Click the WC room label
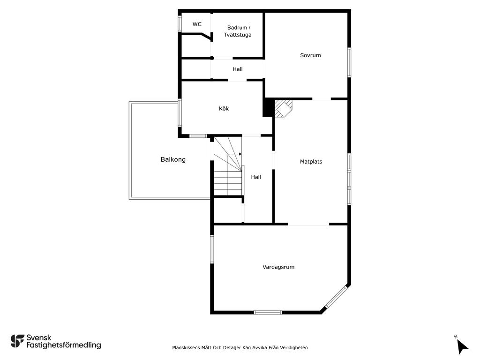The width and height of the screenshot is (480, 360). (x=197, y=24)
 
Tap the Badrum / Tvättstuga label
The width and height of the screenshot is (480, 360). (x=238, y=31)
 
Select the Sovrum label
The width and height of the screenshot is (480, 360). (x=310, y=55)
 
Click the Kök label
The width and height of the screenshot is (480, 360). (x=224, y=108)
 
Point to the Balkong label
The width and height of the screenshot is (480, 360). (x=173, y=159)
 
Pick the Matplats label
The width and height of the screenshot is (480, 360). (x=311, y=162)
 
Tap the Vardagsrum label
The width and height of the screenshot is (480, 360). (x=278, y=267)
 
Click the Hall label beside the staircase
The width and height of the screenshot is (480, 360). (x=256, y=177)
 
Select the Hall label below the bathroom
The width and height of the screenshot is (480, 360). (x=238, y=69)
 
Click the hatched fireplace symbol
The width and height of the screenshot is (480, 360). (x=283, y=108)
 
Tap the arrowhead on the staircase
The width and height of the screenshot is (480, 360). (x=240, y=154)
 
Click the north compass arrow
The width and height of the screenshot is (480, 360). (x=462, y=347)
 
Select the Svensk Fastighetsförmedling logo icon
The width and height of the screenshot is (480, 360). (x=17, y=341)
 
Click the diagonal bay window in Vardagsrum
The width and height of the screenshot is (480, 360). (x=336, y=296)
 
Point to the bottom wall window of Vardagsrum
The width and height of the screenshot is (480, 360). (x=268, y=312)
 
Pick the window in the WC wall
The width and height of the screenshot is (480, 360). (x=180, y=23)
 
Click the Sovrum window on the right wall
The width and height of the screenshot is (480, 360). (x=349, y=62)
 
